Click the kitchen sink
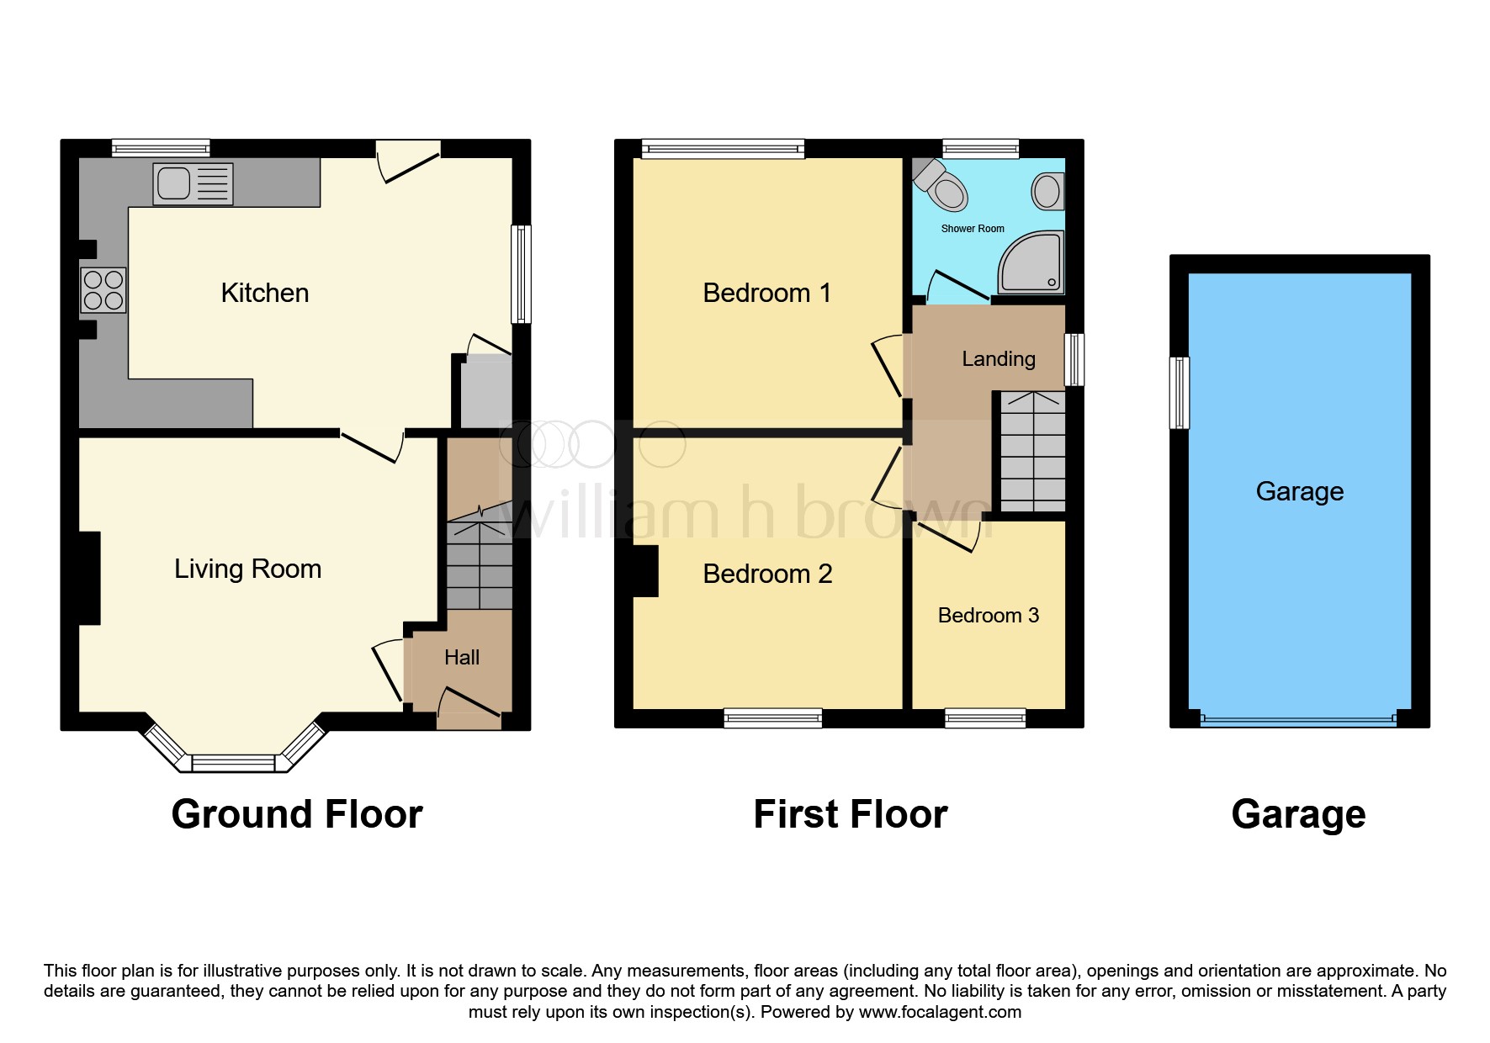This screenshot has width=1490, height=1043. pos(193,184)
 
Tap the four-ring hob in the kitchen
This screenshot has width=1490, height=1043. pos(103,290)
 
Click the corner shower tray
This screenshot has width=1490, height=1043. pos(1032,262)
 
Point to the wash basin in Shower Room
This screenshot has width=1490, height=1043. pos(1047,191)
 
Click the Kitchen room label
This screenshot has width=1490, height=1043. pos(264,293)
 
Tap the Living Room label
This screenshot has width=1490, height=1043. pos(247,569)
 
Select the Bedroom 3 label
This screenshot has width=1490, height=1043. pos(988,615)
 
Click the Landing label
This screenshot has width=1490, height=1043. pos(998,359)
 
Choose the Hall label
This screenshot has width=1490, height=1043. pos(461,657)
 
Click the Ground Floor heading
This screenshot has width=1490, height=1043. pos(296,814)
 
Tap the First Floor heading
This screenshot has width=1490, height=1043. pos(850,814)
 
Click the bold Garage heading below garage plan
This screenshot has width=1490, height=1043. pos(1297,814)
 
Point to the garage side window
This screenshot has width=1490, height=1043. pos(1180,393)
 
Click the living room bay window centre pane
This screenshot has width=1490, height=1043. pos(233,763)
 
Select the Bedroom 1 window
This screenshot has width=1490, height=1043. pos(723,150)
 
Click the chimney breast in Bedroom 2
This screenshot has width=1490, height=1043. pos(645,571)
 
